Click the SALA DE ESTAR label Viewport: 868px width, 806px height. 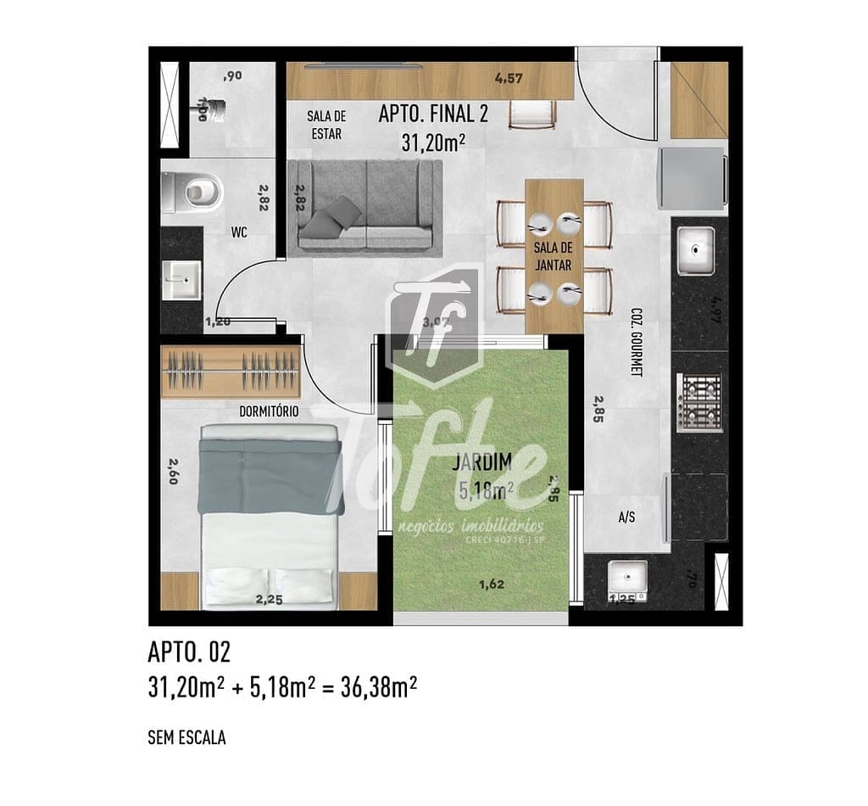click(326, 125)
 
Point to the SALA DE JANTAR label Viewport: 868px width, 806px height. click(553, 256)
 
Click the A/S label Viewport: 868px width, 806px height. click(627, 517)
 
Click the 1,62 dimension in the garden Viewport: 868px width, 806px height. click(492, 584)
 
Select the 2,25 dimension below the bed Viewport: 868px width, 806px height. click(270, 600)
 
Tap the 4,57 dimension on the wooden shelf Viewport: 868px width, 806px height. click(509, 79)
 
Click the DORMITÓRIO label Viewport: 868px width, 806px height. click(268, 411)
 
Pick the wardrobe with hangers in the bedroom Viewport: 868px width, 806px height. click(230, 371)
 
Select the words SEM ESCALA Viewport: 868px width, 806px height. click(186, 738)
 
